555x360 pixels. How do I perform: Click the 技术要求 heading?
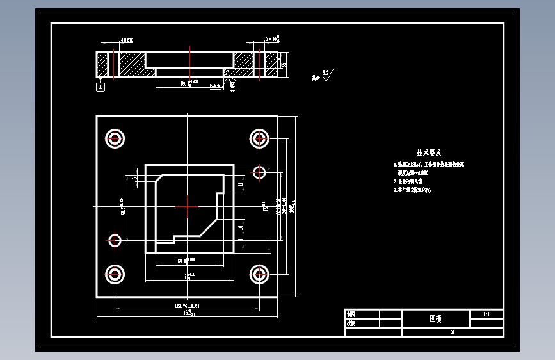tap(428, 152)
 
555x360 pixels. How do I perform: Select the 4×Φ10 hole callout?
tap(127, 40)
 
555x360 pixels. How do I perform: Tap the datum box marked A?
tap(101, 86)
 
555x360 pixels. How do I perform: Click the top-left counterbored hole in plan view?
tap(115, 138)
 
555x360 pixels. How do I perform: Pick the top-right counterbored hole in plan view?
tap(259, 138)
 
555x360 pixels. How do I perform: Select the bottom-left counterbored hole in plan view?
tap(115, 275)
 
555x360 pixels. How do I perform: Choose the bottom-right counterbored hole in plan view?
tap(259, 275)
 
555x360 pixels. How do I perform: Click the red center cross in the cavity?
tap(187, 206)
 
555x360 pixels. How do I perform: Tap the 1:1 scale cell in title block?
tap(486, 315)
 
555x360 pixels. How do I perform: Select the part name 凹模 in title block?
tap(435, 318)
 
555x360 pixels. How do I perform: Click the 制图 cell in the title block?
tap(351, 315)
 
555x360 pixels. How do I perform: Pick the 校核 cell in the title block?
tap(351, 323)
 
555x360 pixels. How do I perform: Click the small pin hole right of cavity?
tap(259, 172)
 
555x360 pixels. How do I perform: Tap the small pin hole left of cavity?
tap(115, 240)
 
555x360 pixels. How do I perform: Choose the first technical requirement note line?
tap(428, 165)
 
